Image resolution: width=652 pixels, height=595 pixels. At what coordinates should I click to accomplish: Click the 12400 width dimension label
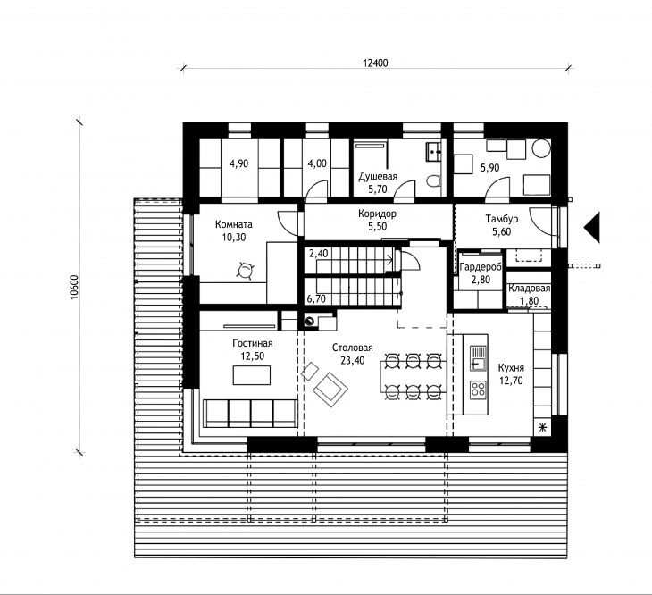(x=375, y=63)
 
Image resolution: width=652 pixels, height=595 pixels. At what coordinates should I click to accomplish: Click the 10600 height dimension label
(x=74, y=287)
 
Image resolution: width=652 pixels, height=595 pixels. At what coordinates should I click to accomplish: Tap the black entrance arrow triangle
(x=591, y=228)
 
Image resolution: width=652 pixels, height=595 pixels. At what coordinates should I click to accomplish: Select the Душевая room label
(x=378, y=176)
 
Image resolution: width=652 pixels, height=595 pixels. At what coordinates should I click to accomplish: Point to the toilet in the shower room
(x=434, y=181)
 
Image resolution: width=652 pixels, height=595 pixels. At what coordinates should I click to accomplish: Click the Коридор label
(x=377, y=214)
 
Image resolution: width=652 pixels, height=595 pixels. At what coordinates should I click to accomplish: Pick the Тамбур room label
(x=501, y=219)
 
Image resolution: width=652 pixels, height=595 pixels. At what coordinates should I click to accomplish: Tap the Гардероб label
(x=481, y=267)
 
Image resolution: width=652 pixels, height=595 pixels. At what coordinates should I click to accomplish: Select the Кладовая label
(x=530, y=289)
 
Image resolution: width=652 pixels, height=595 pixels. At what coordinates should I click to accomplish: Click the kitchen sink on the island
(x=478, y=358)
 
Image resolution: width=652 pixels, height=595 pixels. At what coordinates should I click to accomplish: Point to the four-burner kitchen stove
(x=478, y=390)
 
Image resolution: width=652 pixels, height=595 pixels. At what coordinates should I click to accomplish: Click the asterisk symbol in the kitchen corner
(x=542, y=428)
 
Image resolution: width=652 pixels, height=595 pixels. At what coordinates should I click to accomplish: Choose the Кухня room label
(x=511, y=367)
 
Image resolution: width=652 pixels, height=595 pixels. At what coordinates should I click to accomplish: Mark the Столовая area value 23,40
(x=353, y=361)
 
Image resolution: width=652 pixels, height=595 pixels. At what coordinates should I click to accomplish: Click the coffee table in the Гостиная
(x=252, y=375)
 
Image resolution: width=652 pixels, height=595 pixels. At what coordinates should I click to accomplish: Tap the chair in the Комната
(x=245, y=271)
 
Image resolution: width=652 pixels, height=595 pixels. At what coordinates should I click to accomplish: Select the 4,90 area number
(x=239, y=163)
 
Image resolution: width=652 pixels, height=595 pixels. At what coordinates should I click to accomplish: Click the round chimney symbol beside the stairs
(x=309, y=321)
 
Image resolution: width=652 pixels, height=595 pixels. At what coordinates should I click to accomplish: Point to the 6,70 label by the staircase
(x=316, y=298)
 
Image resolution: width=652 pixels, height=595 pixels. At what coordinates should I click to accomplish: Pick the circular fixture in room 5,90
(x=541, y=148)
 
